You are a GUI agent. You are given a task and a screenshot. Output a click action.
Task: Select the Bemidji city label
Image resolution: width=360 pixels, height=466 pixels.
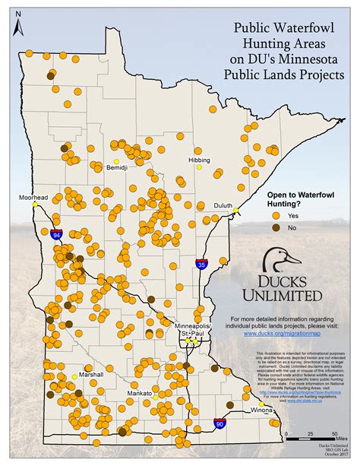pyautogui.click(x=118, y=166)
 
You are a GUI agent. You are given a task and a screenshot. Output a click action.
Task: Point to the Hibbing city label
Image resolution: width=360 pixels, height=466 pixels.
pyautogui.click(x=200, y=160)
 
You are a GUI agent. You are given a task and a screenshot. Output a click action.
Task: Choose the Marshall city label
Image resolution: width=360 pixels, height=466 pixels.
pyautogui.click(x=88, y=375)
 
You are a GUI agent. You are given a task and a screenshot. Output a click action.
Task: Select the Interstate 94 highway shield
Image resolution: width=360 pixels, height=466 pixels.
pyautogui.click(x=57, y=236)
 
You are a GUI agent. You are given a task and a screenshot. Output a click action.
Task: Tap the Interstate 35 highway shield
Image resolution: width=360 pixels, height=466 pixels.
pyautogui.click(x=201, y=264)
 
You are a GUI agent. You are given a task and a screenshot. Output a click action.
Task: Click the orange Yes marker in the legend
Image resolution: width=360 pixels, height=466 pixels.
pyautogui.click(x=276, y=215)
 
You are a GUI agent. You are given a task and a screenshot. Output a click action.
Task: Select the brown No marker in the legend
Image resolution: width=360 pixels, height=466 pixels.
pyautogui.click(x=276, y=227)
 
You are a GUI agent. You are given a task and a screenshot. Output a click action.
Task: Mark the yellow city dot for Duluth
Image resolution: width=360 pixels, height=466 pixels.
pyautogui.click(x=235, y=211)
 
